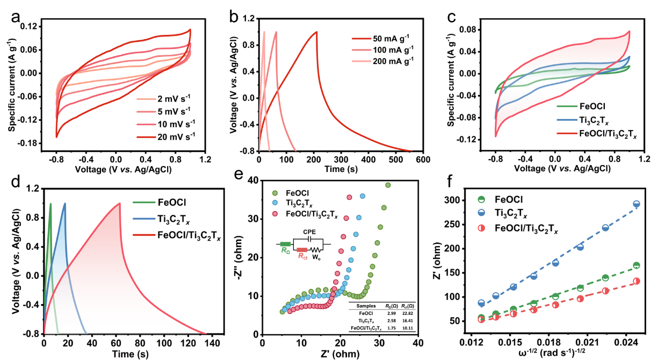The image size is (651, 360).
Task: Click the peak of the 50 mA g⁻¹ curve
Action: tap(317, 32)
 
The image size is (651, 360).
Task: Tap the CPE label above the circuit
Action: tap(308, 232)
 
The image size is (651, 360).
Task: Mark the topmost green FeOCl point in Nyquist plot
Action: tap(388, 185)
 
